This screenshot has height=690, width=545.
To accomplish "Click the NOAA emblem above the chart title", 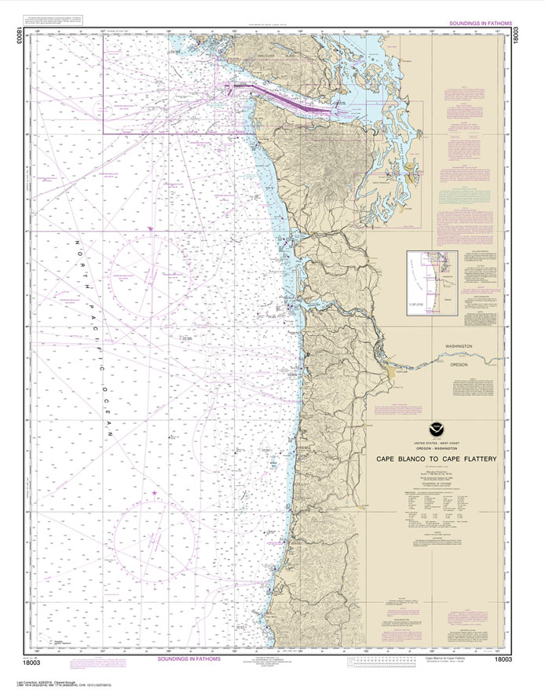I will [434, 429].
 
